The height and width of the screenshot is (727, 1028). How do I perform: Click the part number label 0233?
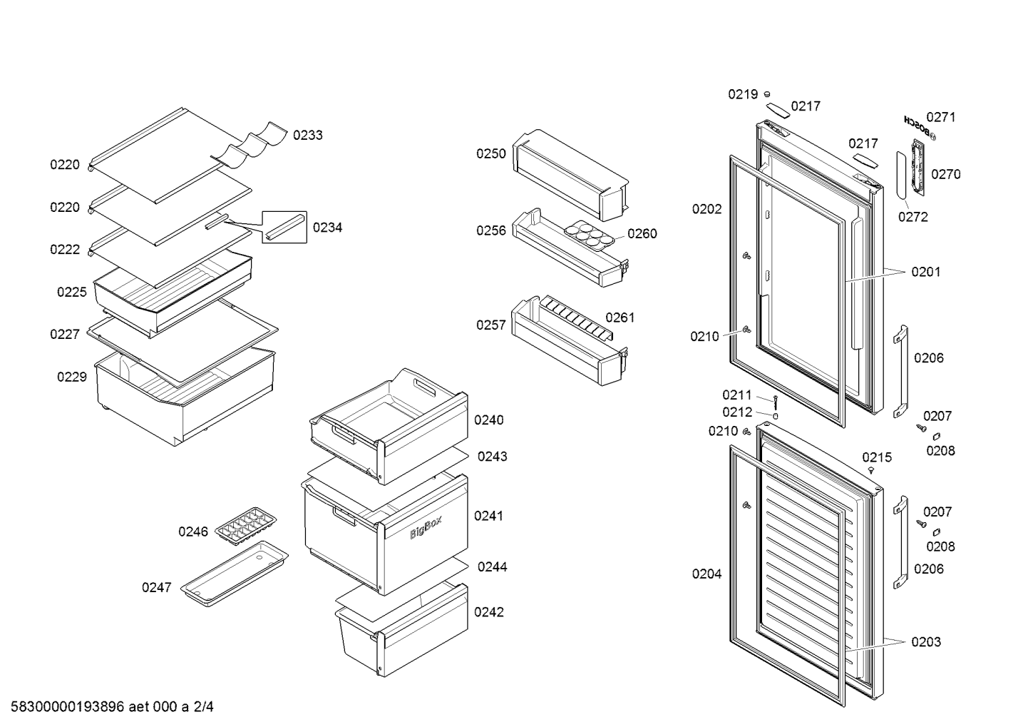(x=307, y=135)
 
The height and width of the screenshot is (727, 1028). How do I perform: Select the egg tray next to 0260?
(x=589, y=235)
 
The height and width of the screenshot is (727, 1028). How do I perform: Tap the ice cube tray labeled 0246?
(x=246, y=526)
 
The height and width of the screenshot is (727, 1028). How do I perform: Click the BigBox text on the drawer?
(x=426, y=527)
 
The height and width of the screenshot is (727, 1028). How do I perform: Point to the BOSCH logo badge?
(x=920, y=128)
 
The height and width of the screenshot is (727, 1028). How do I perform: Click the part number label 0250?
(x=490, y=153)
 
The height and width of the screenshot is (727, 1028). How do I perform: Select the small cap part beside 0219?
(x=767, y=95)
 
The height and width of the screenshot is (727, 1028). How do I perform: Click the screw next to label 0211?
(x=776, y=403)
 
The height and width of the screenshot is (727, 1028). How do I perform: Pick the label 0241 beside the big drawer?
(x=489, y=516)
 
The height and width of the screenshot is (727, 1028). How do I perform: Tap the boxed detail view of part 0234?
(x=284, y=228)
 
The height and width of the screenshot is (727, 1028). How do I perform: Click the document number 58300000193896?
(x=67, y=706)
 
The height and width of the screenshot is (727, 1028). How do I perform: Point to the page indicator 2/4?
(x=203, y=706)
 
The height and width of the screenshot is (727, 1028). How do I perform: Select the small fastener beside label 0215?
(x=871, y=470)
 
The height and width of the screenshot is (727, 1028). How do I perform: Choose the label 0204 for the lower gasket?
(x=706, y=574)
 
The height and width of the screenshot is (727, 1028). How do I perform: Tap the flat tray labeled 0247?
(x=234, y=574)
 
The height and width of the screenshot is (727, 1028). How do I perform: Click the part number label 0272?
(x=913, y=217)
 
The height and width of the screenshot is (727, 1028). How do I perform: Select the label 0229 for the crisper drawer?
(x=71, y=377)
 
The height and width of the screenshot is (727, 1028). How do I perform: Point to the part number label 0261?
(x=620, y=317)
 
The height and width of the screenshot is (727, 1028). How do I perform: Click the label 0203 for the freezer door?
(x=926, y=641)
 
